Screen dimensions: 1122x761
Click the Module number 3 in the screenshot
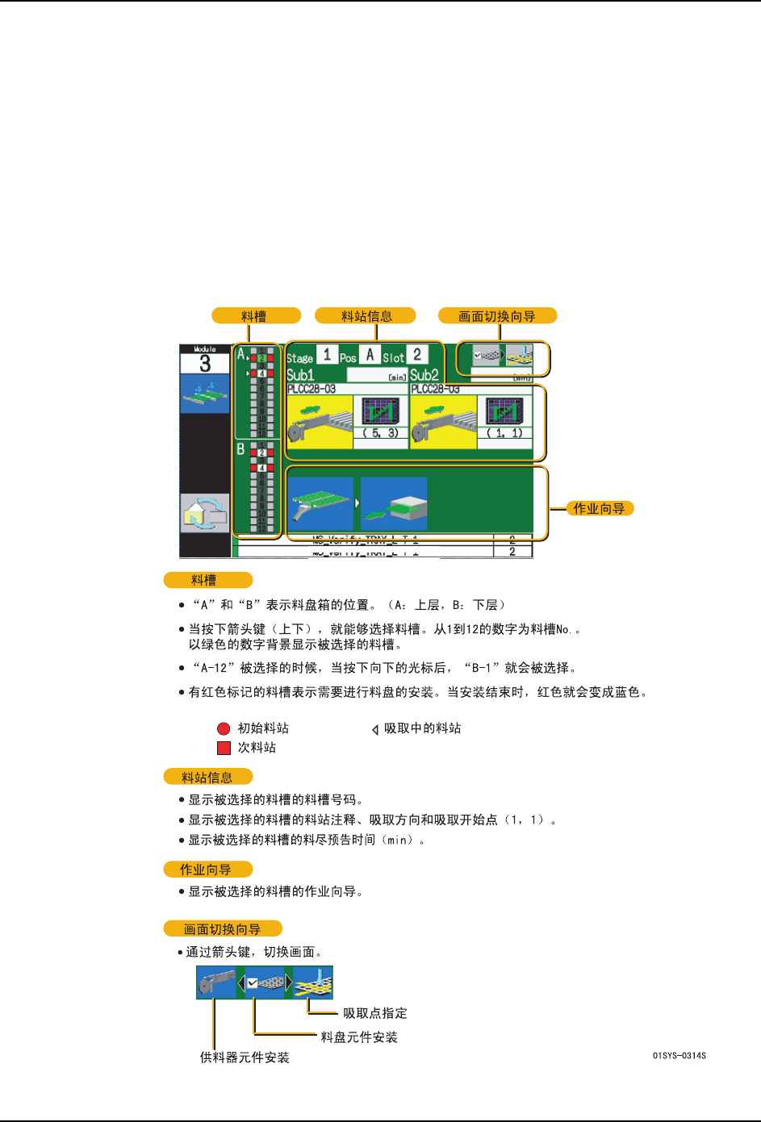pyautogui.click(x=204, y=364)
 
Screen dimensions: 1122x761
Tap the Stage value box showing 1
pyautogui.click(x=327, y=355)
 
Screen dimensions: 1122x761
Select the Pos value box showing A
pyautogui.click(x=370, y=355)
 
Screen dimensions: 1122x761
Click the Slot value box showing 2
pyautogui.click(x=417, y=355)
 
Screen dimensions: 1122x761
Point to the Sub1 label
pyautogui.click(x=300, y=375)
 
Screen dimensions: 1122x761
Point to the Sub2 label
pyautogui.click(x=424, y=375)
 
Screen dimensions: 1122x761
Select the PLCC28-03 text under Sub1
pyautogui.click(x=312, y=389)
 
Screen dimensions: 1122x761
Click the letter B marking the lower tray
pyautogui.click(x=240, y=449)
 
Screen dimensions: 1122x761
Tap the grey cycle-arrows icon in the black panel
pyautogui.click(x=205, y=513)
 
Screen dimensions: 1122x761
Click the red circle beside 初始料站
pyautogui.click(x=224, y=728)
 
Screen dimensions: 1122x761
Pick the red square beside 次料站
pyautogui.click(x=224, y=748)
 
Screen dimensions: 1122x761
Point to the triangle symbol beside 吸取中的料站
pyautogui.click(x=375, y=729)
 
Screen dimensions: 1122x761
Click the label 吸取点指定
pyautogui.click(x=374, y=1013)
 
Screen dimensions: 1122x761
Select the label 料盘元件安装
pyautogui.click(x=359, y=1037)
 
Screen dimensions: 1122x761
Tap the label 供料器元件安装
pyautogui.click(x=245, y=1057)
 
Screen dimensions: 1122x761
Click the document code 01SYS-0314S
pyautogui.click(x=679, y=1056)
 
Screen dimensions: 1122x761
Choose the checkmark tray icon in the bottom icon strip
pyautogui.click(x=265, y=983)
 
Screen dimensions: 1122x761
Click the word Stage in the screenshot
pyautogui.click(x=299, y=358)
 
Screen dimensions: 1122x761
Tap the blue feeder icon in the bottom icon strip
pyautogui.click(x=216, y=983)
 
